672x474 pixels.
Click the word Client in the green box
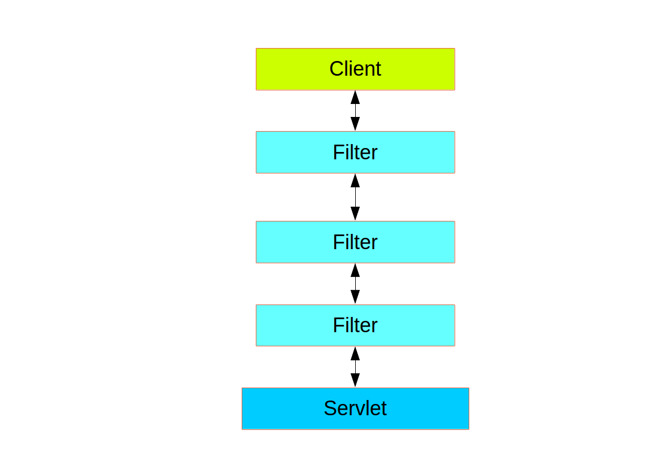pyautogui.click(x=355, y=69)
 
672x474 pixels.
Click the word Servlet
pyautogui.click(x=355, y=408)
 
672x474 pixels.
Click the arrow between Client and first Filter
pyautogui.click(x=355, y=111)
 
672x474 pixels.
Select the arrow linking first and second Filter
pyautogui.click(x=355, y=197)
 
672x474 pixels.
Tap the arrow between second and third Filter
pyautogui.click(x=355, y=284)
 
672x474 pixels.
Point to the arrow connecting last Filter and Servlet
pyautogui.click(x=355, y=367)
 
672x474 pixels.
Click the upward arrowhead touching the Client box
pyautogui.click(x=355, y=97)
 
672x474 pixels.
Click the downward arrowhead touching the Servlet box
pyautogui.click(x=355, y=380)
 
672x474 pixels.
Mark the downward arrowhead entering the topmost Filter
pyautogui.click(x=355, y=124)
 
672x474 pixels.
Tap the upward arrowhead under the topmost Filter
pyautogui.click(x=355, y=181)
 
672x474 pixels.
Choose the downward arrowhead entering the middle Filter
pyautogui.click(x=355, y=214)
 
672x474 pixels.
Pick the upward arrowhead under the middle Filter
pyautogui.click(x=355, y=270)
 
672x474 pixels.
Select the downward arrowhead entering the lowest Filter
pyautogui.click(x=355, y=297)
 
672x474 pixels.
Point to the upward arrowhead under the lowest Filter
pyautogui.click(x=355, y=354)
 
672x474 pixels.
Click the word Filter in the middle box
pyautogui.click(x=355, y=242)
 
